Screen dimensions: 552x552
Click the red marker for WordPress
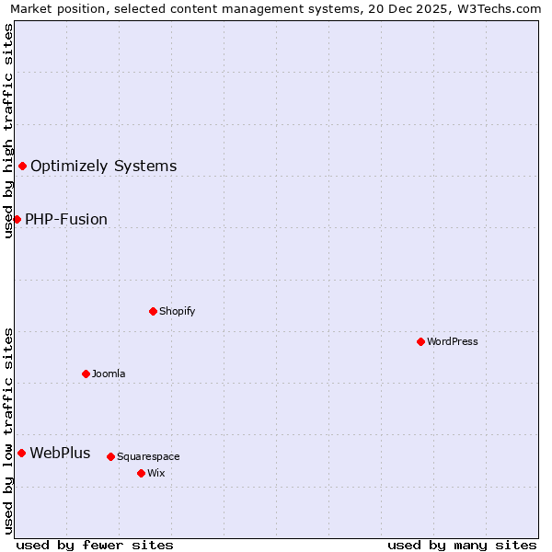420,341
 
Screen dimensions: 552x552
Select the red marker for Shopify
153,311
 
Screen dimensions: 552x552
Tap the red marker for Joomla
86,374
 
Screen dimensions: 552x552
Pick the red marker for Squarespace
110,456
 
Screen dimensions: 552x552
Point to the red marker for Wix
141,473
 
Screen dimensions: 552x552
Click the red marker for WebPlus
21,453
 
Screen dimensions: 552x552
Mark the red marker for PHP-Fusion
17,219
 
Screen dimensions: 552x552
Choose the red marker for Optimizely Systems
22,166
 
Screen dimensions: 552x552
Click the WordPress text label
452,341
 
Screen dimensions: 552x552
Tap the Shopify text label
177,311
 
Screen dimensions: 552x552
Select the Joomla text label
109,374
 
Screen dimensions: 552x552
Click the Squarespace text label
148,456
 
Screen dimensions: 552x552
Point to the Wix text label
155,473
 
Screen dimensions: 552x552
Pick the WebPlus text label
60,453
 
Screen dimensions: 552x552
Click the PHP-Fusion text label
66,219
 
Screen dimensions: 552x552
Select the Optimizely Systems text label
103,166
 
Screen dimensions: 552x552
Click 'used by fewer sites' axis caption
95,545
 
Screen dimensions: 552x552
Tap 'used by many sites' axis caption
462,545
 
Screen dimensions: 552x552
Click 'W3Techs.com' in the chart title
502,9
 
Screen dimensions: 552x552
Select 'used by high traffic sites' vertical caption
8,131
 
